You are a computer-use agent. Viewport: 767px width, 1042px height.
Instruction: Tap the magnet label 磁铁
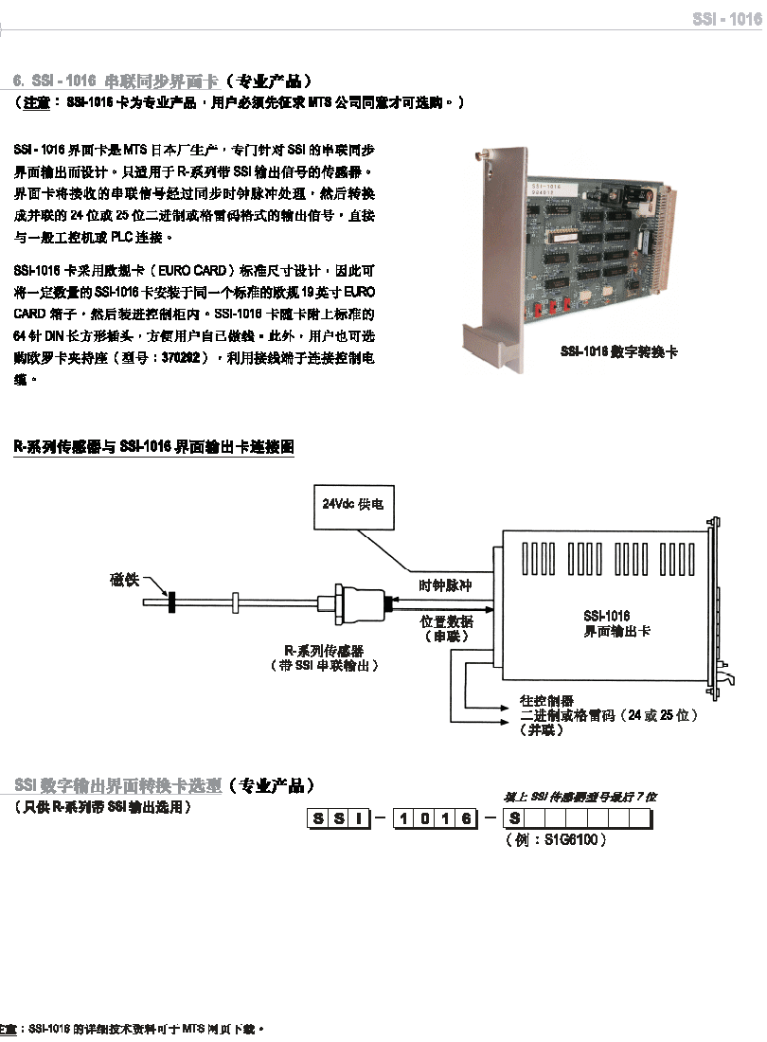(x=125, y=580)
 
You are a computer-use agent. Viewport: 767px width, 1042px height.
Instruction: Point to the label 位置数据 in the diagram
(x=446, y=622)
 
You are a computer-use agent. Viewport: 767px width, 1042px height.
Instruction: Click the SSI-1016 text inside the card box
(x=606, y=616)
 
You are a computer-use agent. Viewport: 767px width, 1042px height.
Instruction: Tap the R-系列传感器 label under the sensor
(x=324, y=651)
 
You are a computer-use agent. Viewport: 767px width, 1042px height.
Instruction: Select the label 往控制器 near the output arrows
(x=547, y=701)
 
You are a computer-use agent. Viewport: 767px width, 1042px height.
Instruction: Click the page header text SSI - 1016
(x=726, y=19)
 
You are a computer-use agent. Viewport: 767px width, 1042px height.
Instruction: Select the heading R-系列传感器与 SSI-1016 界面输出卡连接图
(x=153, y=446)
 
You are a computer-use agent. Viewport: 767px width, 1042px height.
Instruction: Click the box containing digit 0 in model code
(x=422, y=818)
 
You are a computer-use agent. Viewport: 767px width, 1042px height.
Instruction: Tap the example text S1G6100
(x=569, y=839)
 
